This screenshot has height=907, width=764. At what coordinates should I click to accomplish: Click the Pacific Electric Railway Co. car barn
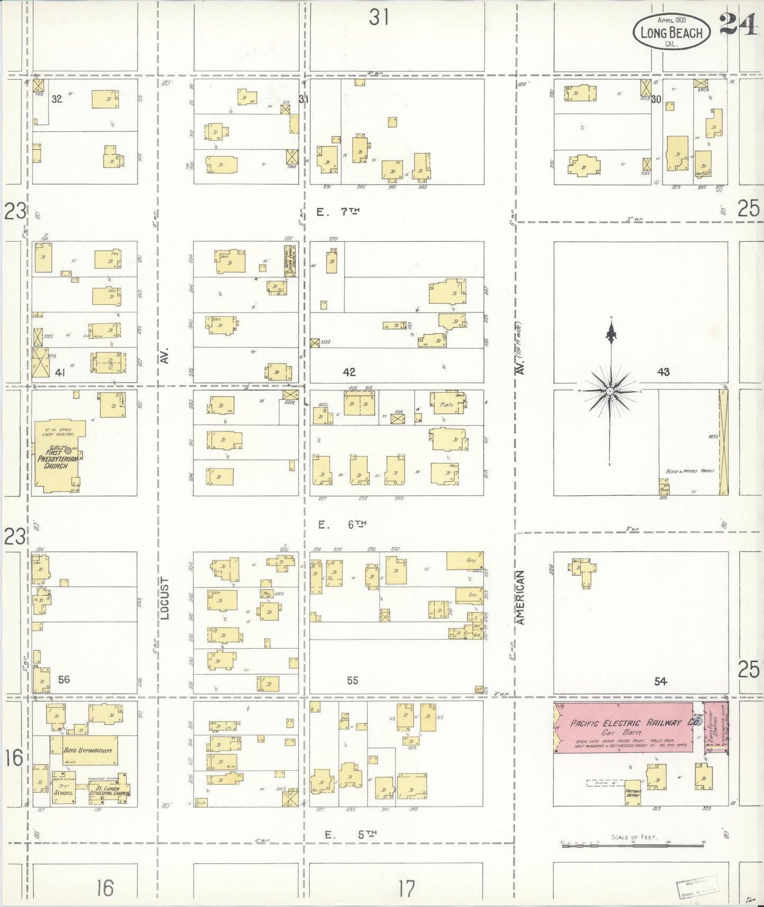pos(624,727)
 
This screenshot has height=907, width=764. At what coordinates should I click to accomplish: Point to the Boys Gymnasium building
pos(84,750)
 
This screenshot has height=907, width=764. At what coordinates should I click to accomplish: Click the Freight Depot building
pos(632,793)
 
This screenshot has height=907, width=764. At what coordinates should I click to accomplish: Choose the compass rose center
pos(610,391)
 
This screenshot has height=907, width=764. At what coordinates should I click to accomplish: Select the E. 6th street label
pos(342,524)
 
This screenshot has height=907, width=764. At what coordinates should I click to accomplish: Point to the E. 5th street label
pos(350,835)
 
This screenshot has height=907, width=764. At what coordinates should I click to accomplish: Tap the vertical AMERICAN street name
pos(520,597)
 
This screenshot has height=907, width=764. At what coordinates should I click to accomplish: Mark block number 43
pos(663,372)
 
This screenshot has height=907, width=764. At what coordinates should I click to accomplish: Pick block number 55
pos(353,681)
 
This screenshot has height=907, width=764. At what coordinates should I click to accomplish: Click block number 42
pos(349,372)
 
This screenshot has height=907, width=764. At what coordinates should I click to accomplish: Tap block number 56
pos(63,679)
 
